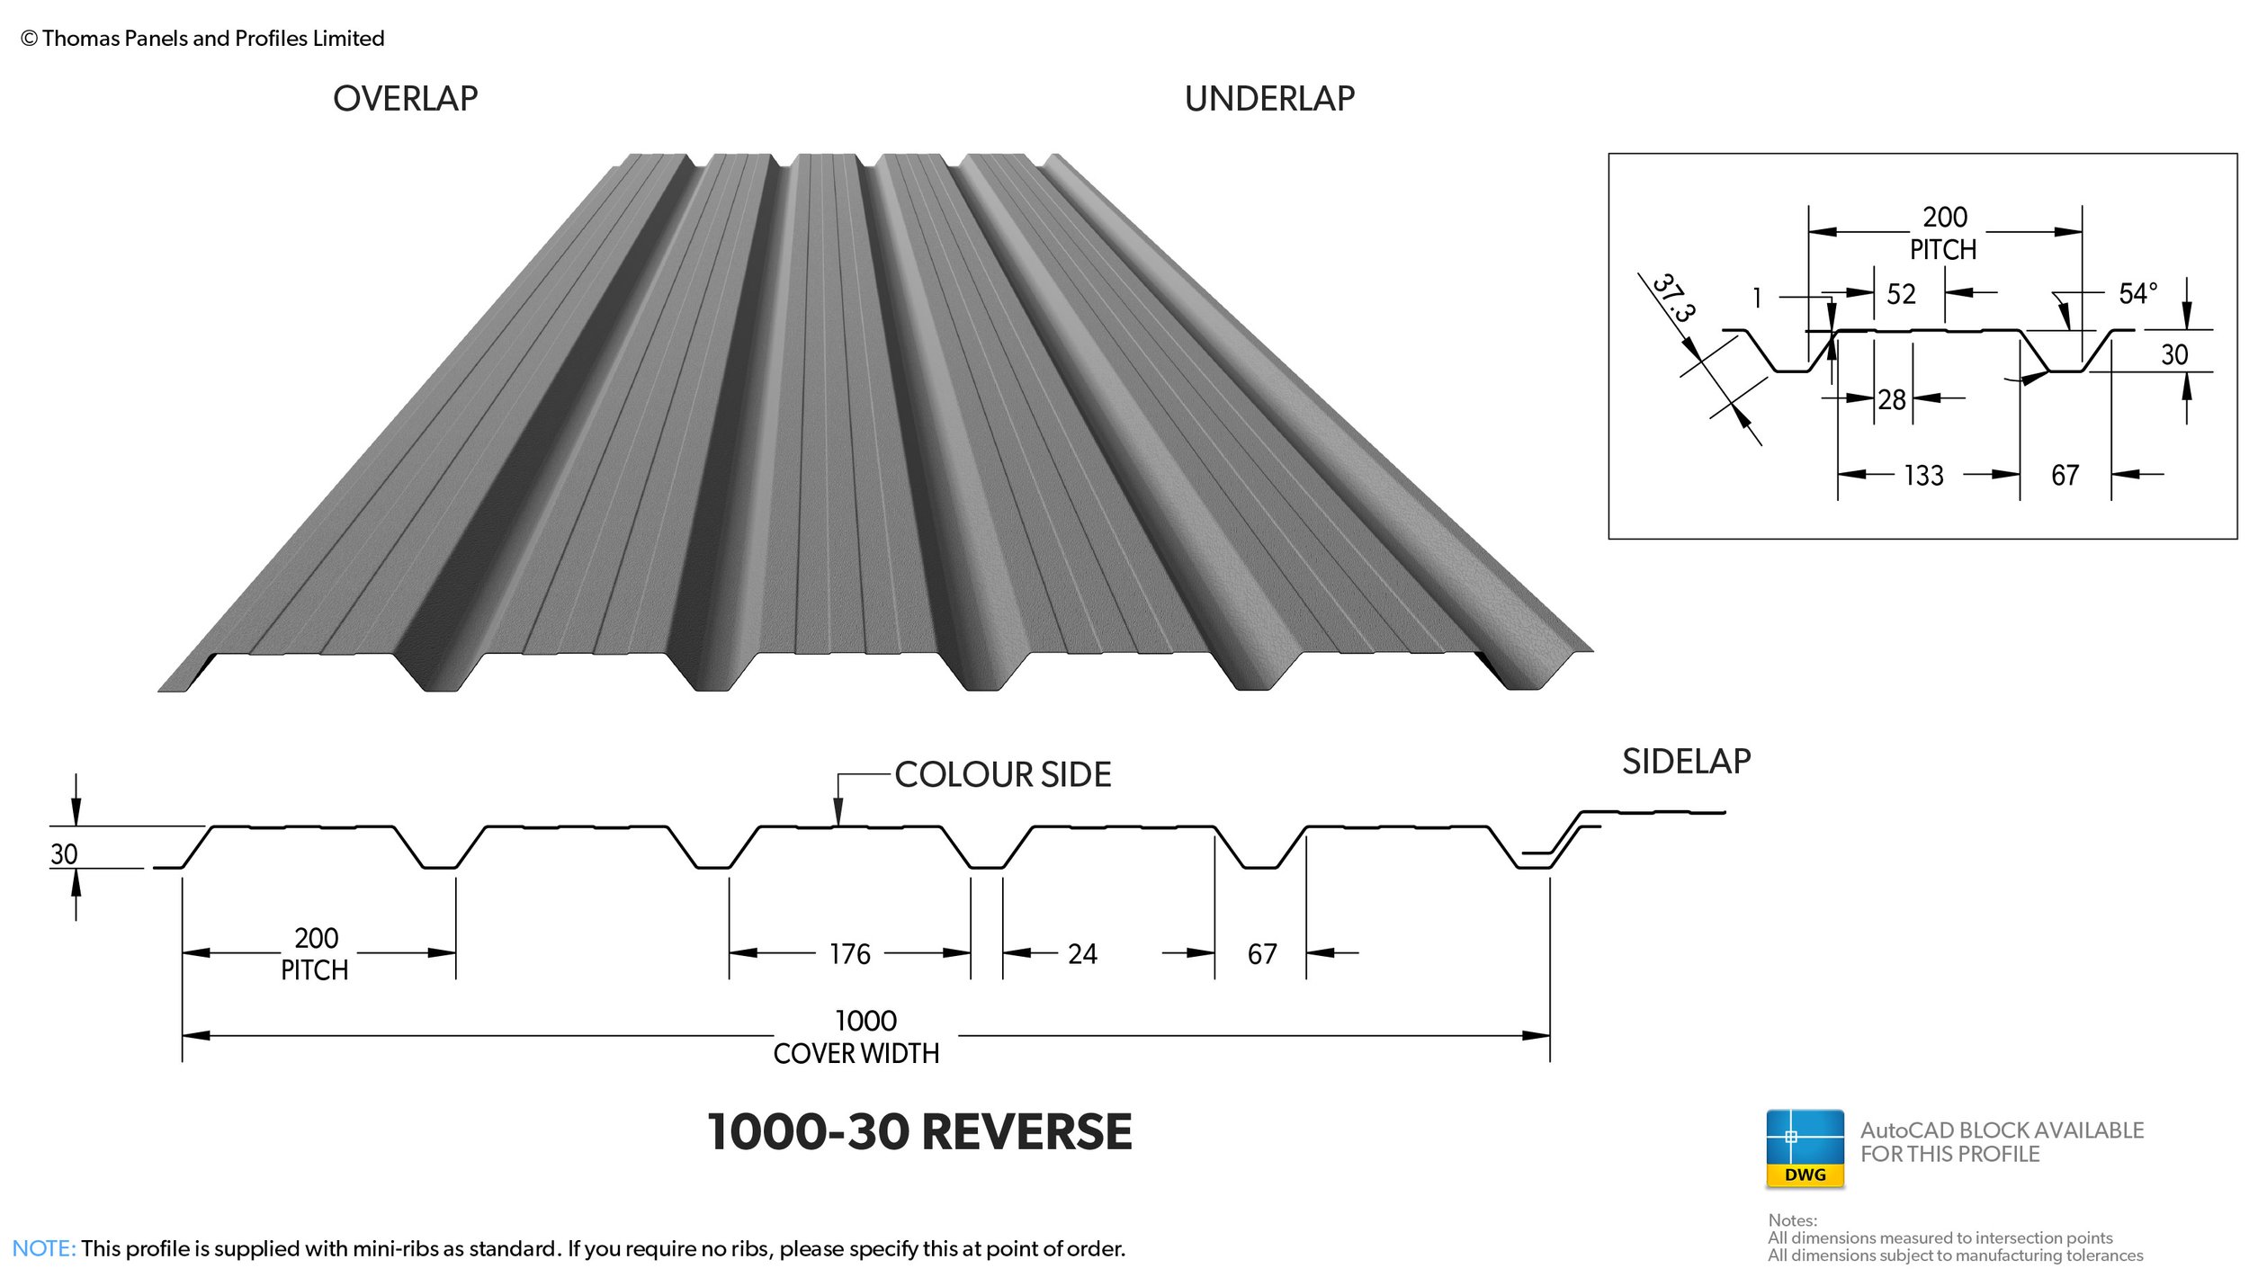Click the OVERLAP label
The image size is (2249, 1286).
pos(405,98)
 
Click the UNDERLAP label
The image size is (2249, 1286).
pos(1268,98)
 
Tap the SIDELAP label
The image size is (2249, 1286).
pos(1686,761)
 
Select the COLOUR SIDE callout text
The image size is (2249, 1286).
pos(1002,774)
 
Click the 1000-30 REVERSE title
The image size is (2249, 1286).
pos(919,1130)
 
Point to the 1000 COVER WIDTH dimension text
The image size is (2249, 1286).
pos(857,1036)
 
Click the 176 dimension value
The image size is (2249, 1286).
pos(849,953)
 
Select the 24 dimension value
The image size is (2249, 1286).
pos(1082,953)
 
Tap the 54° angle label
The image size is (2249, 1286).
pos(2137,293)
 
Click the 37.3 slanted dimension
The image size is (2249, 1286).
pos(1673,298)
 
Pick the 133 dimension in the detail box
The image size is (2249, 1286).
pos(1923,475)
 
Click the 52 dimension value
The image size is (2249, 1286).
pos(1901,294)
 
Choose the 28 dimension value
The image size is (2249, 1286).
pos(1892,399)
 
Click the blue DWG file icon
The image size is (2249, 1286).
pos(1805,1148)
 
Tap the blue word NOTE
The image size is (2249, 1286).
pos(43,1248)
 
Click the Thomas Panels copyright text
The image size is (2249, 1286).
pos(203,38)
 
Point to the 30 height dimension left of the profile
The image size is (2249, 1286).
pos(64,853)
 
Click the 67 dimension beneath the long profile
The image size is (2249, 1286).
pos(1261,953)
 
